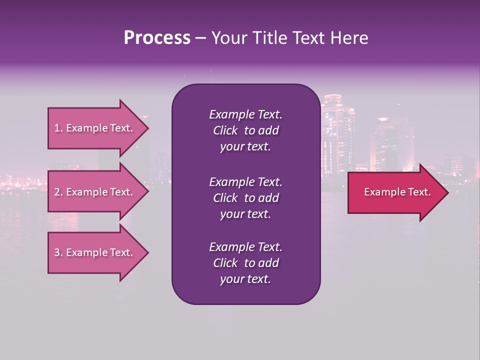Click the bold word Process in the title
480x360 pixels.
(x=157, y=38)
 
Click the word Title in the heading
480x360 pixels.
(x=267, y=38)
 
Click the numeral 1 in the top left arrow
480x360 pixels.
(x=57, y=128)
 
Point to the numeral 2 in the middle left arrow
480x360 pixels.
(x=57, y=192)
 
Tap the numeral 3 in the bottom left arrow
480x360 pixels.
(x=57, y=252)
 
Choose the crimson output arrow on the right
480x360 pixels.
(x=395, y=192)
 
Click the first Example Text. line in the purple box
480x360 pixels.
(x=245, y=114)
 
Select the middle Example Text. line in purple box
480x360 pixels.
(x=245, y=182)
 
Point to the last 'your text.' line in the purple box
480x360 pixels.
(x=245, y=279)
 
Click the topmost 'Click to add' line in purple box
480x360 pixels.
(x=245, y=130)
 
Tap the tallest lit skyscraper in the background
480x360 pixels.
(x=337, y=135)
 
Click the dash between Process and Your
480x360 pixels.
(x=200, y=38)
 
